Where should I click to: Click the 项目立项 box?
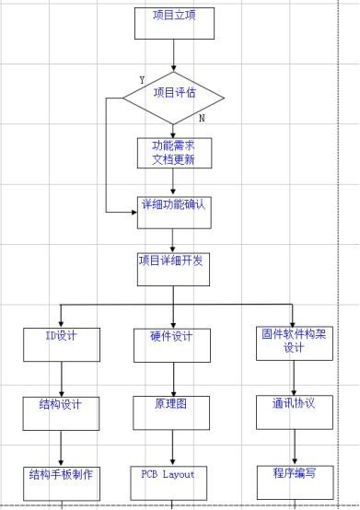tap(173, 22)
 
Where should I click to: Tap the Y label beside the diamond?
tap(141, 80)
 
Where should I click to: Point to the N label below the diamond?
tap(202, 118)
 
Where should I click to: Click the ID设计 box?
tap(61, 342)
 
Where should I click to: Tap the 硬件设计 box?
tap(172, 342)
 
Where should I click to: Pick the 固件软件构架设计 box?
tap(294, 342)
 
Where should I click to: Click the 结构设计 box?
tap(61, 411)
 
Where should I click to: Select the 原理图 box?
tap(172, 411)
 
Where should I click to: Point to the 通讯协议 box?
tap(294, 411)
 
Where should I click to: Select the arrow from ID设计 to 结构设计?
tap(61, 377)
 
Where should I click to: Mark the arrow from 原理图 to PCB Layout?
tap(172, 447)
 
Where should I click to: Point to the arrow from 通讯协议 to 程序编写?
tap(294, 447)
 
